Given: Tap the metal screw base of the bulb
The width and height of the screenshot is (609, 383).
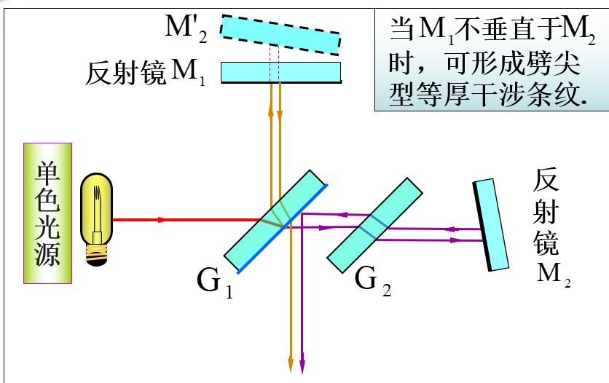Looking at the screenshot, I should pyautogui.click(x=97, y=253).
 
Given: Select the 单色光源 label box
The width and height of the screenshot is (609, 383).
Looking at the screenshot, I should pyautogui.click(x=47, y=213).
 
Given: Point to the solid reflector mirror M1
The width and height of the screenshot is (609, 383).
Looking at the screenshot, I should pyautogui.click(x=280, y=71).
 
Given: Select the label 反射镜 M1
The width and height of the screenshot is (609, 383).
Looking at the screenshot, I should pyautogui.click(x=146, y=73).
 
